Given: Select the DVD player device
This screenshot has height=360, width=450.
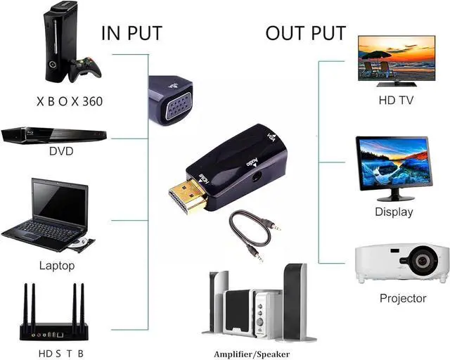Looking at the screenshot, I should tap(53, 135).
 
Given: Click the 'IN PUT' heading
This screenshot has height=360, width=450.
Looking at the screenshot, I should tap(131, 33).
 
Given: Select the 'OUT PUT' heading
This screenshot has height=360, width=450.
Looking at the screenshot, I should tap(305, 33).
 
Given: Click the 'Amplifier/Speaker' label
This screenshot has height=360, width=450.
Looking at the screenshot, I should tap(252, 354).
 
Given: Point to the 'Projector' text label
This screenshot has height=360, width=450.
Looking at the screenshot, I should tap(403, 298).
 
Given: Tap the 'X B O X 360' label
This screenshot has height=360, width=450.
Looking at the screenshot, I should tap(70, 101).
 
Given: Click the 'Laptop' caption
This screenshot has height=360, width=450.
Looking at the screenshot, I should tap(56, 266).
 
